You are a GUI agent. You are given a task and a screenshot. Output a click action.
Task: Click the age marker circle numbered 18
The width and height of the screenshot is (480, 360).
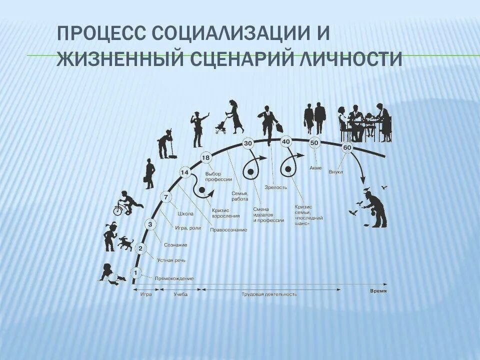pos(206,158)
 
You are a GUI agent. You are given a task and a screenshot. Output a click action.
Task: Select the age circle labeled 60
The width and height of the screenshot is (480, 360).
pos(347,148)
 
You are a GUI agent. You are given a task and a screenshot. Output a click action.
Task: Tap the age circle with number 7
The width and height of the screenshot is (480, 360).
pos(165,197)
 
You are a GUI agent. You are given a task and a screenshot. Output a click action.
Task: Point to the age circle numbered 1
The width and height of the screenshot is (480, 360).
pos(134,272)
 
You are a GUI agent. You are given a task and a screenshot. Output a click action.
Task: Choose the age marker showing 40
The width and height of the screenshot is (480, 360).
pos(286,141)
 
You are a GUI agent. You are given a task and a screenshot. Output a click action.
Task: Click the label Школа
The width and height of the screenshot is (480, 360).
pos(185,213)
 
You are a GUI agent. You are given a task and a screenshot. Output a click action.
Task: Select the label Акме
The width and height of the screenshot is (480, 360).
pos(315,168)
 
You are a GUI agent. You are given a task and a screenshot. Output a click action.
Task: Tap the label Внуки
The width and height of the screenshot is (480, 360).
pos(335,172)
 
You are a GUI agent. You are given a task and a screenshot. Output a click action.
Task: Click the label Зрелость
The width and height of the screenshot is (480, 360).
pos(278,187)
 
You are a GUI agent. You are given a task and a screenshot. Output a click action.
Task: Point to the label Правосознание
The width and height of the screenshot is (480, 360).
pos(229,229)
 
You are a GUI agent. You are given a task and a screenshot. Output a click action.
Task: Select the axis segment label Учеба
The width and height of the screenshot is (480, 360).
pos(180,294)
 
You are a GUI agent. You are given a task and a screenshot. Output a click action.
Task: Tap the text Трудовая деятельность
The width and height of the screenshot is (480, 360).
pos(269,294)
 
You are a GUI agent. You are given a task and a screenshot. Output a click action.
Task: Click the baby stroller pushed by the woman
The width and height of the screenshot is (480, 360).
pos(220,127)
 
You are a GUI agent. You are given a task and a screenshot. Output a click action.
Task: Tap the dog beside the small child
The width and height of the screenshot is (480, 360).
pos(126,243)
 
